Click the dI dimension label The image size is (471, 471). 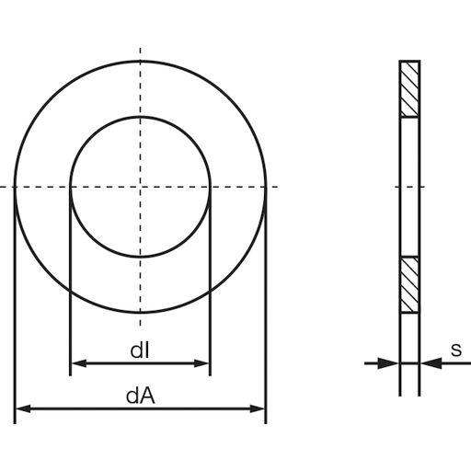pos(140,350)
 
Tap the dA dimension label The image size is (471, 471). pos(140,396)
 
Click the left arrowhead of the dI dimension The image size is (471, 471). pos(77,363)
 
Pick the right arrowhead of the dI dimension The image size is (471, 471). pos(203,363)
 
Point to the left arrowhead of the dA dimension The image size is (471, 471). pos(22,408)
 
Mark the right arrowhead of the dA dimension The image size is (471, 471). pos(258,408)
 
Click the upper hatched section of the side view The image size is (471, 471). pos(408,89)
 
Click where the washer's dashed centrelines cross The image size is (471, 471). pos(140,188)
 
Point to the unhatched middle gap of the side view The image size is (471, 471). pos(408,188)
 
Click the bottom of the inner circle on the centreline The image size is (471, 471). pos(140,258)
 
